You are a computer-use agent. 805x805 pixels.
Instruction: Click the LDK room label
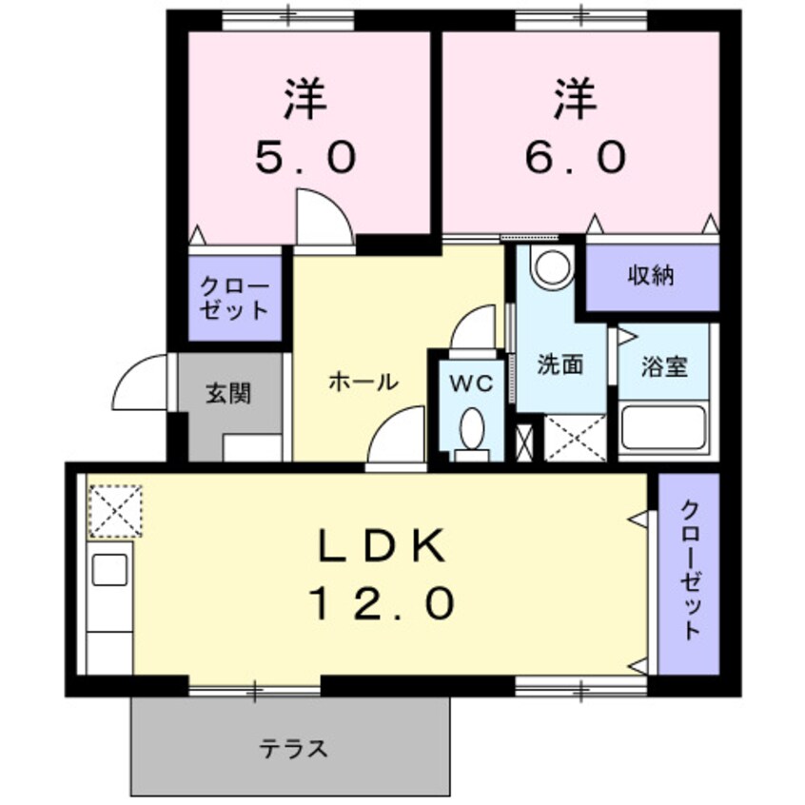380,546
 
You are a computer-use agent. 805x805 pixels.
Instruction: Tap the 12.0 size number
380,601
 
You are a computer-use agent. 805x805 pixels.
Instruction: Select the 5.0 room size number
304,155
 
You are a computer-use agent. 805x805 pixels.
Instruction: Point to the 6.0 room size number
576,155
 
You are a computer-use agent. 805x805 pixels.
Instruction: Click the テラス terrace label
294,748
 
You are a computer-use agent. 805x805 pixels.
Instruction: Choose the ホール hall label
363,383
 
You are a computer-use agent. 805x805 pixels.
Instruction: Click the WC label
470,383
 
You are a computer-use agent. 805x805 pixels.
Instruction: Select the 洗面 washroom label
560,365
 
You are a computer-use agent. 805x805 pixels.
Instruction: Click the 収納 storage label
651,277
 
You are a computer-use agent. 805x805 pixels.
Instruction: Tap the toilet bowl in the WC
471,429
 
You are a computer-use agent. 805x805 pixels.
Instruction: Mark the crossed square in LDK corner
115,511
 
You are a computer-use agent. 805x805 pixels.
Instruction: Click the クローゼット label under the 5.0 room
234,298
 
